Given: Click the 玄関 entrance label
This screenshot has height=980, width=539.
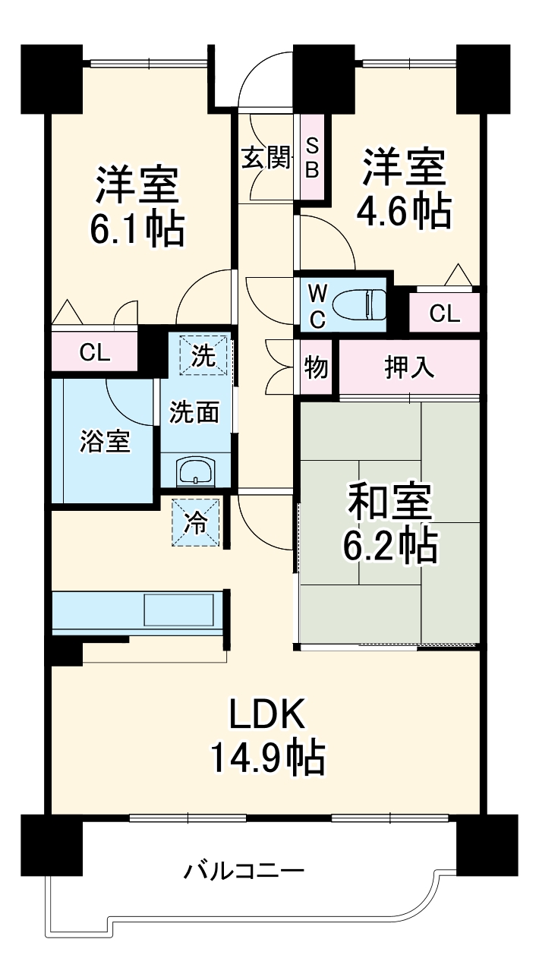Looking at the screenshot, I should click(266, 159).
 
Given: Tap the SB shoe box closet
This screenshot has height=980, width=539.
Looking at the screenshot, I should click(312, 157).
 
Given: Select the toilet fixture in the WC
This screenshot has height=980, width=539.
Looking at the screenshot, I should click(361, 305).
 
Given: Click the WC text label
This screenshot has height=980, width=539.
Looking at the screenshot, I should click(317, 305).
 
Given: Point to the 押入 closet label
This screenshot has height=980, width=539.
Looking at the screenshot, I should click(409, 367).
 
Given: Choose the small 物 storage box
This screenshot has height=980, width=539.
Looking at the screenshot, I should click(316, 367).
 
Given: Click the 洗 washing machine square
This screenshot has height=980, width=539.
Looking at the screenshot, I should click(202, 355).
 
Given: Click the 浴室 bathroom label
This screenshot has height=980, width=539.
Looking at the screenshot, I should click(106, 441).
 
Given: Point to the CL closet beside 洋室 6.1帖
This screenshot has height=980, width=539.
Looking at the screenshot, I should click(96, 352).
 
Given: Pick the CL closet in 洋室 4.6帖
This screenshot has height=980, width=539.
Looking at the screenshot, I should click(444, 314).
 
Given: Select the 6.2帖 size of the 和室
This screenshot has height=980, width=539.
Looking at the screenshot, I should click(390, 544).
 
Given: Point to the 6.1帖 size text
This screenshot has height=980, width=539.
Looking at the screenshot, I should click(137, 228).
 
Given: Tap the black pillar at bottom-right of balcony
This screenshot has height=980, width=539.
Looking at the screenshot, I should click(487, 844).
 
